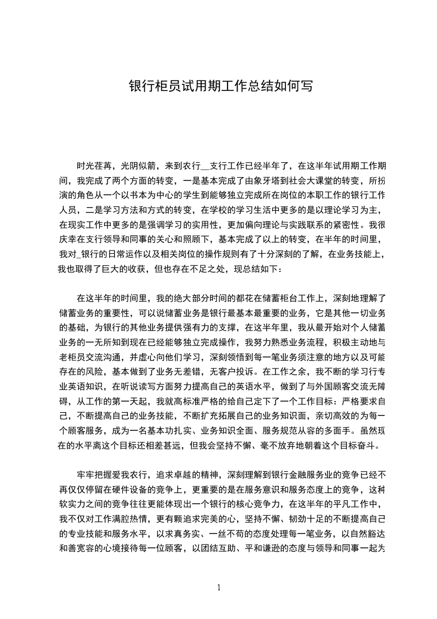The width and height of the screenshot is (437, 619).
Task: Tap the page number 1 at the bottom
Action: pos(219,587)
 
